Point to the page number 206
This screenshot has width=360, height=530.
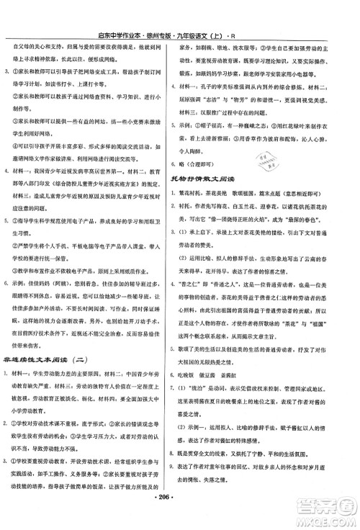tap(180, 520)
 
